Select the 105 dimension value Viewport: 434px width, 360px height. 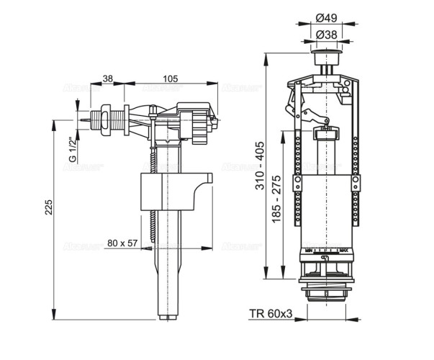click(171, 78)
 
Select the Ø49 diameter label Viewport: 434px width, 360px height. click(331, 18)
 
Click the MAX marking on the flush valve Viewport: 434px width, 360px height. click(353, 251)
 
